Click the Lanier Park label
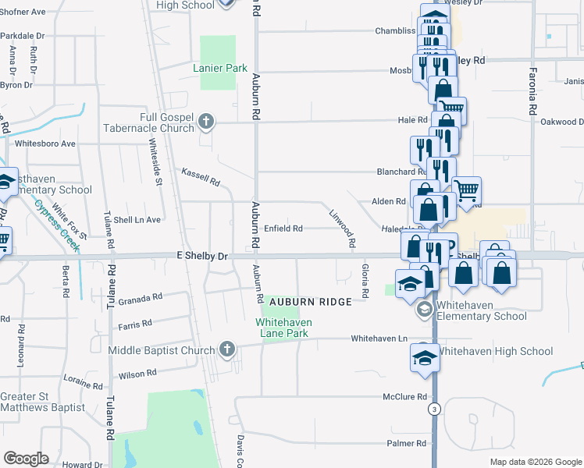[x=220, y=68]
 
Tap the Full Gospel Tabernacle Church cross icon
[x=205, y=121]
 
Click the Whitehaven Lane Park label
[x=283, y=328]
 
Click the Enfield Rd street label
[x=283, y=229]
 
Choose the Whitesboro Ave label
[x=45, y=144]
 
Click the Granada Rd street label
[x=141, y=297]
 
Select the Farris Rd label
[x=135, y=322]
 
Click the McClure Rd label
[x=404, y=397]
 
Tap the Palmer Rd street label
[x=406, y=443]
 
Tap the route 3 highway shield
[x=434, y=409]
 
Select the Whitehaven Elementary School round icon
[x=424, y=310]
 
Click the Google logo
[x=26, y=459]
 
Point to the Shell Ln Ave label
[x=137, y=220]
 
